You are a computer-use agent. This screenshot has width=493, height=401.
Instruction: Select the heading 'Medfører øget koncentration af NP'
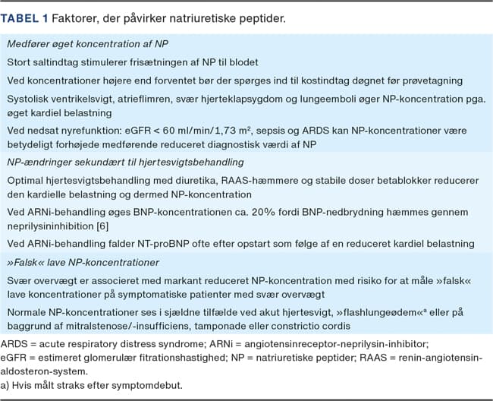coord(93,44)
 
